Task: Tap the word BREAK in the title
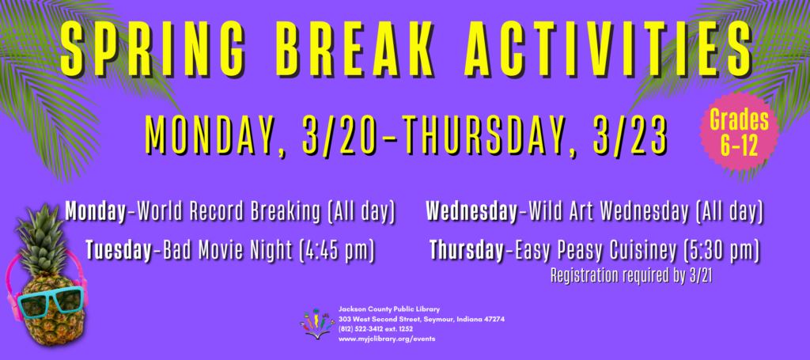(x=357, y=49)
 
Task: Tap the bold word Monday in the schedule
(x=96, y=212)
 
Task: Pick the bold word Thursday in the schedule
(x=467, y=251)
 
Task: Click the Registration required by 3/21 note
(x=631, y=276)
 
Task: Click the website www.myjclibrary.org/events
(x=387, y=339)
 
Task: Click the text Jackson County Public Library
(x=389, y=309)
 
